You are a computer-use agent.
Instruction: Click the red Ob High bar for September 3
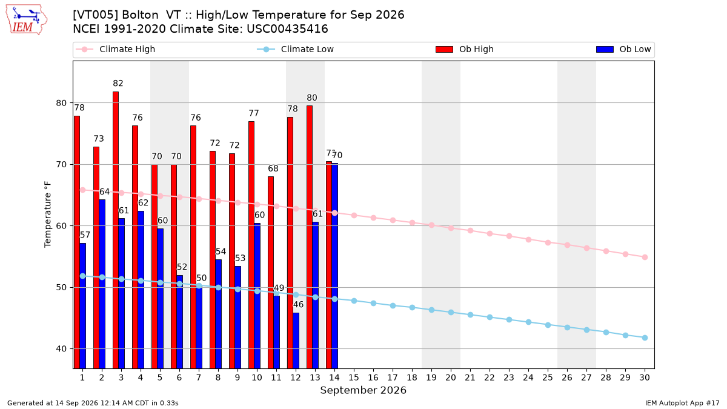pyautogui.click(x=116, y=230)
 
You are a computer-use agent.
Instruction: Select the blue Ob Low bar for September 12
pyautogui.click(x=296, y=341)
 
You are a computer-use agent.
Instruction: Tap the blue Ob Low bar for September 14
pyautogui.click(x=334, y=266)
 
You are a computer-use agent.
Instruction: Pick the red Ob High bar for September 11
pyautogui.click(x=271, y=273)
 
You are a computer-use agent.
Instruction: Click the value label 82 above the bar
pyautogui.click(x=118, y=84)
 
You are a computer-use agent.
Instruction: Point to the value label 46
pyautogui.click(x=298, y=304)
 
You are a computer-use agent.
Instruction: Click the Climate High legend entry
pyautogui.click(x=116, y=49)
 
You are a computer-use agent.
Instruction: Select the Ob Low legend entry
pyautogui.click(x=623, y=49)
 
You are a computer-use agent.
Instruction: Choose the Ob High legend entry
pyautogui.click(x=465, y=49)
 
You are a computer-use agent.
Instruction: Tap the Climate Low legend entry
pyautogui.click(x=296, y=49)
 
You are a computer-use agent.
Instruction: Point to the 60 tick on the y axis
pyautogui.click(x=61, y=226)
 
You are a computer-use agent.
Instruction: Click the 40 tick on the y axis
pyautogui.click(x=61, y=349)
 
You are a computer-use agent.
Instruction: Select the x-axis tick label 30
pyautogui.click(x=645, y=377)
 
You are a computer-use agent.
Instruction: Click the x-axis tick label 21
pyautogui.click(x=470, y=377)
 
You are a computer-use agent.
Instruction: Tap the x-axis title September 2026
pyautogui.click(x=363, y=390)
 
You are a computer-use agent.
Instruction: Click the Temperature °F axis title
pyautogui.click(x=48, y=214)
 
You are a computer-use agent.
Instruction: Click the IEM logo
pyautogui.click(x=26, y=19)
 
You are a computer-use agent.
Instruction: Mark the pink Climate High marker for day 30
pyautogui.click(x=645, y=258)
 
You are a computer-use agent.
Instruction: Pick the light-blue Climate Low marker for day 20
pyautogui.click(x=451, y=312)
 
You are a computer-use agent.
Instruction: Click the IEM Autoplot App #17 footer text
pyautogui.click(x=682, y=403)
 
